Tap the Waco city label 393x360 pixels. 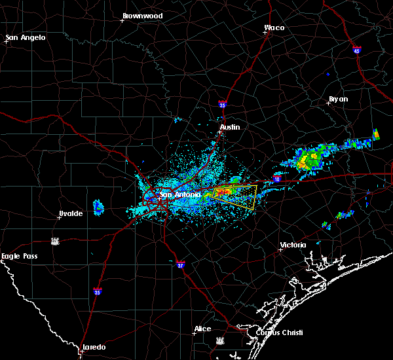274,28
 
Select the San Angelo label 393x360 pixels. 26,37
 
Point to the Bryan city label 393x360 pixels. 338,99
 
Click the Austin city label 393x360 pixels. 229,127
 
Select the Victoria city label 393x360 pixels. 293,245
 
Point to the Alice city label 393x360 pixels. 202,329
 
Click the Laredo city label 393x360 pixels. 94,347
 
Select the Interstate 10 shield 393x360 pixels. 277,179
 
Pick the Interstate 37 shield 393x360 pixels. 181,264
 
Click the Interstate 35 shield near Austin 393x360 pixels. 223,103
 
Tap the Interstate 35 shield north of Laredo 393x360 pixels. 98,291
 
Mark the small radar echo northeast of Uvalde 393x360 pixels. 98,207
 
